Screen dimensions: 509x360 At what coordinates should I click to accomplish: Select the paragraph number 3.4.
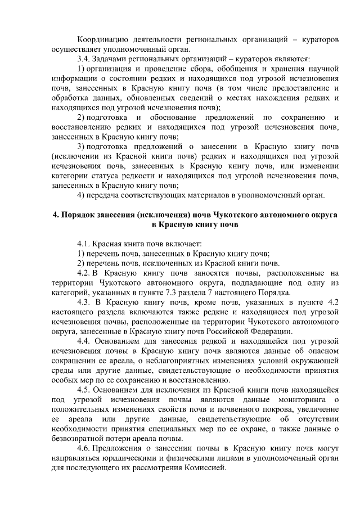[x=84, y=59]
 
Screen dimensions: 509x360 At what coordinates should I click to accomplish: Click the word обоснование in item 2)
[x=183, y=117]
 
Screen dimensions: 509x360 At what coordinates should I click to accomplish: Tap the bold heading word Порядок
[x=78, y=215]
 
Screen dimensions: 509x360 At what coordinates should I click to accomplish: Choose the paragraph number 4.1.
[x=84, y=245]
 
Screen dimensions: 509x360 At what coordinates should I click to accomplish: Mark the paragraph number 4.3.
[x=84, y=302]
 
